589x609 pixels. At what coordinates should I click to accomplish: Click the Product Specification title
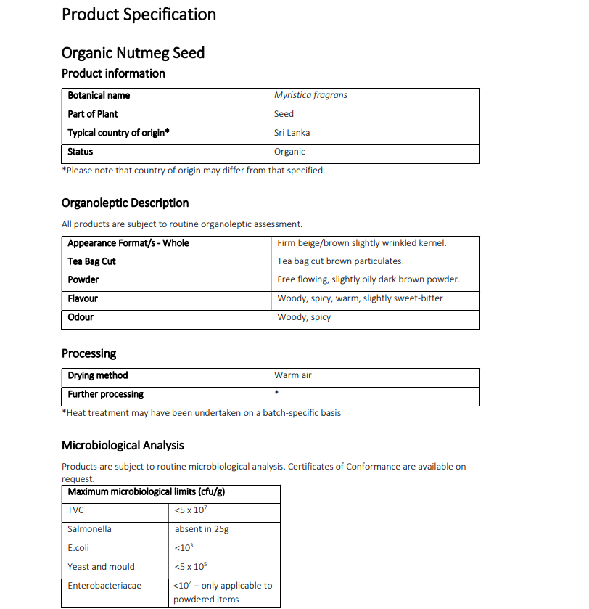click(139, 15)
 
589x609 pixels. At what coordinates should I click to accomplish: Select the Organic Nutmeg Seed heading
click(133, 53)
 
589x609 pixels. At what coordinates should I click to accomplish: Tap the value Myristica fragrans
click(310, 95)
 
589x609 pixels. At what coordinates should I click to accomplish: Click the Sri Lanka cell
click(292, 133)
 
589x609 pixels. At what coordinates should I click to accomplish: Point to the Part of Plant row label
click(93, 114)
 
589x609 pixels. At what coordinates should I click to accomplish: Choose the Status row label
click(81, 152)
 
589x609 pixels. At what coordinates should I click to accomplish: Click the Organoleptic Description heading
click(125, 203)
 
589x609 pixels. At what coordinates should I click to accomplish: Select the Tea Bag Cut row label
click(91, 261)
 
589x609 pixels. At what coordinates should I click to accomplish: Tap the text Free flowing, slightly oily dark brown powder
click(368, 279)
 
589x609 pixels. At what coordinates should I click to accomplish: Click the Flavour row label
click(83, 298)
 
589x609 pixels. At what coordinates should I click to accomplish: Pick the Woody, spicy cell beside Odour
click(304, 317)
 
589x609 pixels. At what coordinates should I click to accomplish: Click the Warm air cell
click(293, 375)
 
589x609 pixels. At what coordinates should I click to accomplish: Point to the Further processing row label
click(106, 394)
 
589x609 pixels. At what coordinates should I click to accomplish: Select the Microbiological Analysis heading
click(123, 446)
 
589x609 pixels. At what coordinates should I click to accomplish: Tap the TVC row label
click(75, 510)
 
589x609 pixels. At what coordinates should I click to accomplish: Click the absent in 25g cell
click(202, 529)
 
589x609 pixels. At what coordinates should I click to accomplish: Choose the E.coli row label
click(78, 548)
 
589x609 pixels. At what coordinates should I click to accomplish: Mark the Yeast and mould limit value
click(190, 567)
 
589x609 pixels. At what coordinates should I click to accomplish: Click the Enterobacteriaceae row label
click(104, 586)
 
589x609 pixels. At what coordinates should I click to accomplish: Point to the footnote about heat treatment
click(201, 413)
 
